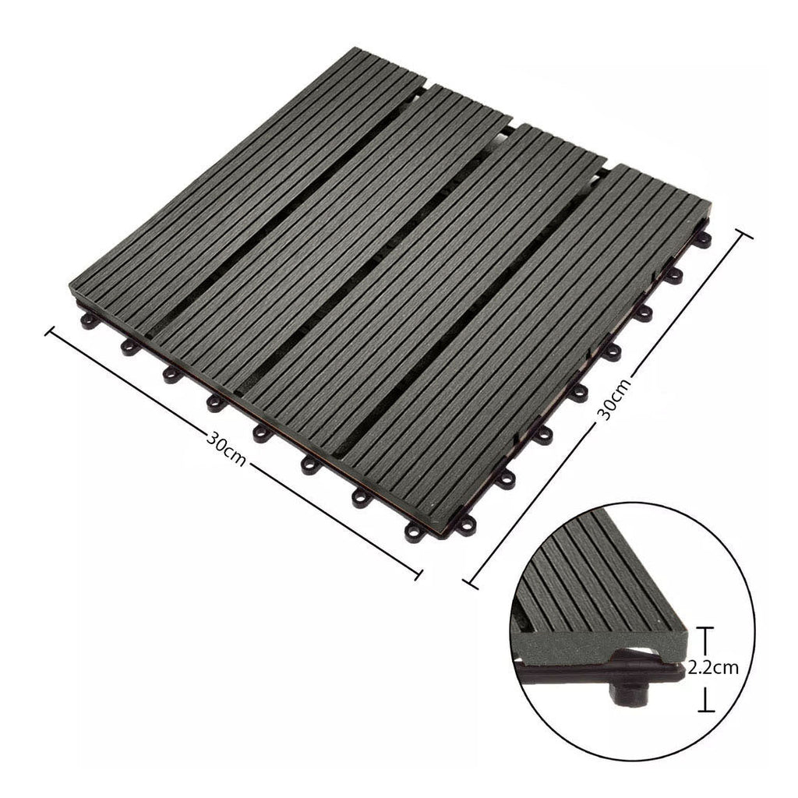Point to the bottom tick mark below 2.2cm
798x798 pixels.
[x=706, y=709]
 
